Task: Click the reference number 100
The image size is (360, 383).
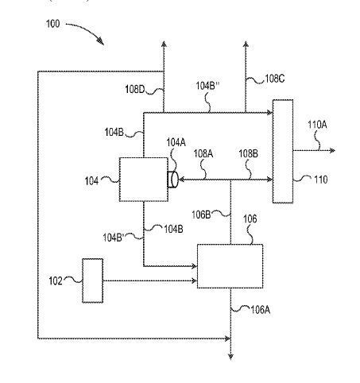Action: tap(53, 24)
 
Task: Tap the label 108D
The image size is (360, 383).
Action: tap(135, 89)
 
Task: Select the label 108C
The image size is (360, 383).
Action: tap(275, 79)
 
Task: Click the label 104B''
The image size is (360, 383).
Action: tap(207, 86)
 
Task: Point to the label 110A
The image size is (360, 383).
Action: tap(317, 124)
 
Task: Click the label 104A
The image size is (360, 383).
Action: tap(176, 142)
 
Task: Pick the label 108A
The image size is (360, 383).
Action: tap(203, 153)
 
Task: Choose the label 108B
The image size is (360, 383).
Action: tap(248, 153)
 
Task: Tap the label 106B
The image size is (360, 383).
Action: tap(201, 215)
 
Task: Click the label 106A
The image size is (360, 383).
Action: tap(261, 310)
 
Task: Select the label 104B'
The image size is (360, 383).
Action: tap(113, 238)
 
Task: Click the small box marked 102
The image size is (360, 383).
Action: tap(93, 280)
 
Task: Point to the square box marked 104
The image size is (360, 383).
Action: tap(144, 180)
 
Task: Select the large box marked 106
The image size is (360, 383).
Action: tap(230, 266)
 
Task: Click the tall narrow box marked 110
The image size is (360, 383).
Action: tap(283, 151)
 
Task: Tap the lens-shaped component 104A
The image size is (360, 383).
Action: tap(172, 180)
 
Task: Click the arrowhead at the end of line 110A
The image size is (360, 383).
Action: tap(333, 151)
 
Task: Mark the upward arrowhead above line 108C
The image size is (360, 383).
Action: tap(246, 44)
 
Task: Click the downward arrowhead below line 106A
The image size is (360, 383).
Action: tap(230, 357)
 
